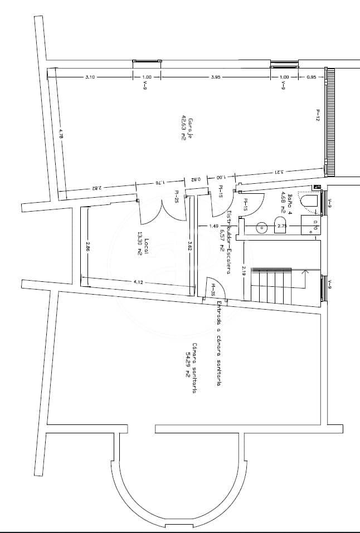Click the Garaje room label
pos(190,129)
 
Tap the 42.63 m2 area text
pos(183,128)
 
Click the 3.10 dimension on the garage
pos(90,77)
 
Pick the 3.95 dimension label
pos(216,77)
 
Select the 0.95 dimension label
pos(312,77)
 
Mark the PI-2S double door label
pos(176,196)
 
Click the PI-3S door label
pos(213,290)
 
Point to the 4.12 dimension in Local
pos(138,282)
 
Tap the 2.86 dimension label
pos(88,246)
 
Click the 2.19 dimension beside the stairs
pos(244,271)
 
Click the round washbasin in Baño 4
pos(261,227)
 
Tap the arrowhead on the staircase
pos(305,272)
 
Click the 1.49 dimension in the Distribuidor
pos(213,226)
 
